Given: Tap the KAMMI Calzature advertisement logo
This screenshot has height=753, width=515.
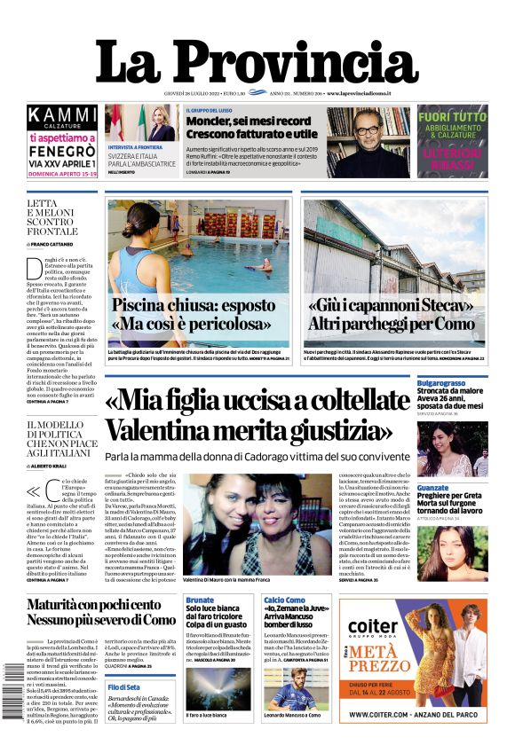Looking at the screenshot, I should pyautogui.click(x=61, y=116).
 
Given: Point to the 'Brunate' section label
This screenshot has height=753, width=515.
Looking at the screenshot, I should pyautogui.click(x=201, y=600).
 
